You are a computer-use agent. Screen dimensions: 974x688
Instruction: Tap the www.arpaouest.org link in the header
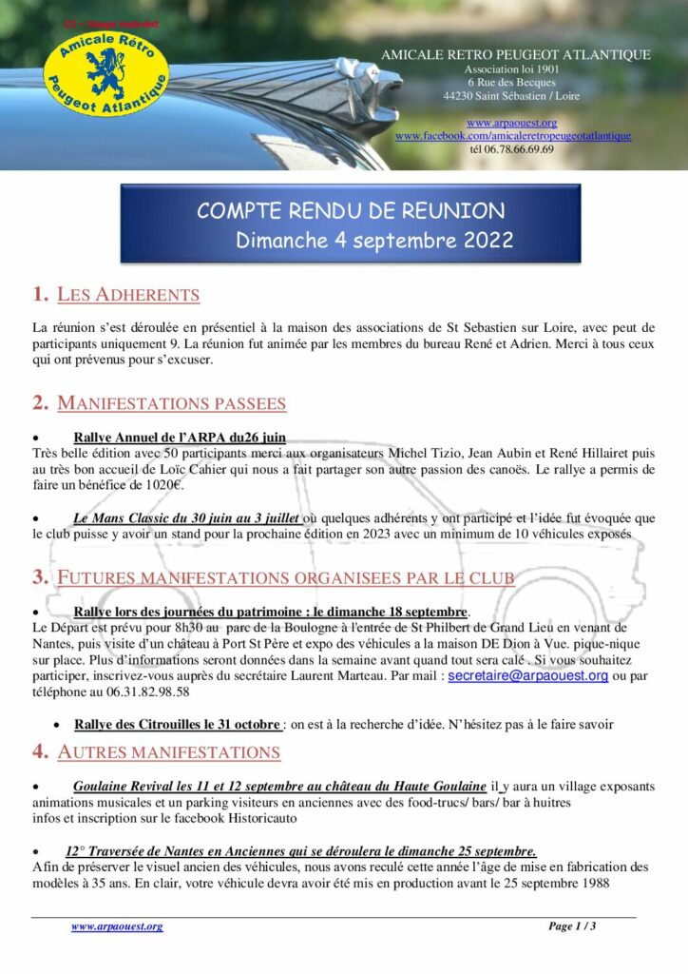[511, 124]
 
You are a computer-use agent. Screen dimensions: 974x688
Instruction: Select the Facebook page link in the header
[512, 136]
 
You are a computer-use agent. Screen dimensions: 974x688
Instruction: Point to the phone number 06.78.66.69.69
[511, 149]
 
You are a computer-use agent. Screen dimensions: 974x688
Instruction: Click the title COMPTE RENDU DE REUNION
[351, 210]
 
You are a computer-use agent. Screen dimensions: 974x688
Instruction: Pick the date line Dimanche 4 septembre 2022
[374, 241]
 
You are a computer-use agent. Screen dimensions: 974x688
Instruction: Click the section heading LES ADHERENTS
[128, 295]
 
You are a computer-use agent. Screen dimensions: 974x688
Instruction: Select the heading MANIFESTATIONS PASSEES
[171, 403]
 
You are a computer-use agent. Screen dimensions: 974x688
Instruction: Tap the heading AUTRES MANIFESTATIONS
[168, 753]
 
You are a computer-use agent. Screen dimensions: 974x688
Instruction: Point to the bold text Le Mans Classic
[118, 517]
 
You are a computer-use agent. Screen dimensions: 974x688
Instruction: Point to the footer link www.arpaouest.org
[117, 926]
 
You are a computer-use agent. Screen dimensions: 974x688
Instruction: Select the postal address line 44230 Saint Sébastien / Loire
[510, 96]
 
